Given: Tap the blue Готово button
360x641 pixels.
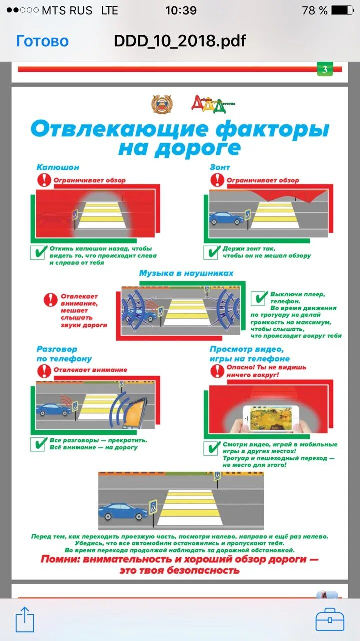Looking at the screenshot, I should pos(42,41).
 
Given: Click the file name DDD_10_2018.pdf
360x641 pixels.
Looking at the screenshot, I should pos(180,41).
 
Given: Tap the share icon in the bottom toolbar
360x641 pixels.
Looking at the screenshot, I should pos(24,619).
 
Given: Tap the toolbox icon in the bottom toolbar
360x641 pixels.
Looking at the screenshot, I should pos(330,619).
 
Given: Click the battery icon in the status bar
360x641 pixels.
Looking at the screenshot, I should pos(342,10).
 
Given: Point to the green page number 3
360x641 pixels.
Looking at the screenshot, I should pos(324,70).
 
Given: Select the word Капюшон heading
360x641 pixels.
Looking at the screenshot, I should pos(58,167).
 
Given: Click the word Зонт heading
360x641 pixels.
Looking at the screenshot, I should pos(220,167).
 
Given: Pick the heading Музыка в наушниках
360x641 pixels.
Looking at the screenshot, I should pos(186,273).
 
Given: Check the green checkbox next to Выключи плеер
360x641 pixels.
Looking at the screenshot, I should pos(259,299).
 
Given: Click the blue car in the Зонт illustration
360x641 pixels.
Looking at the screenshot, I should pos(226,218).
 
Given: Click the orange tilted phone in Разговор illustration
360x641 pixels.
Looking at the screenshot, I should pos(135,412).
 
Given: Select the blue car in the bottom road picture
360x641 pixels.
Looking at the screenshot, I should pos(123,511).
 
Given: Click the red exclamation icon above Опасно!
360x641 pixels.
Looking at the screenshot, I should pos(217,371).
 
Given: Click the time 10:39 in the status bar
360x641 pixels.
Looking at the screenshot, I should pos(181,10).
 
